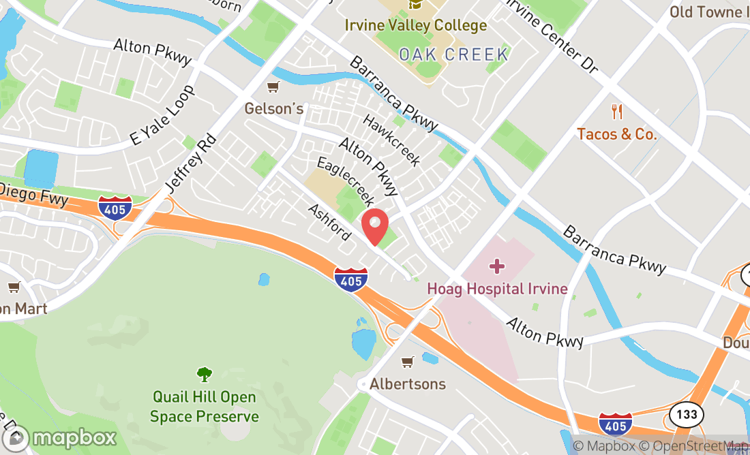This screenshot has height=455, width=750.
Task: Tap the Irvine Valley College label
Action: (416, 26)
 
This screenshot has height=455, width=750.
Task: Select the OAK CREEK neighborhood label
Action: (453, 54)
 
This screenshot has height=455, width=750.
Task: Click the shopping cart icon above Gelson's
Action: (273, 87)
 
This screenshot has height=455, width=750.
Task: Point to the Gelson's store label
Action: (274, 109)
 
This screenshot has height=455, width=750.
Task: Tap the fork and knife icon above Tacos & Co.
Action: (618, 112)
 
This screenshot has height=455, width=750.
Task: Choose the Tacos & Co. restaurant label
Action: (617, 134)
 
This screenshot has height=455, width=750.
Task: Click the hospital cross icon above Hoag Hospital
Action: (498, 266)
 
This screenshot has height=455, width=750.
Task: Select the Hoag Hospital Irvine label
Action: (497, 289)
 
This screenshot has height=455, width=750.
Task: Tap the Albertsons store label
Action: (408, 384)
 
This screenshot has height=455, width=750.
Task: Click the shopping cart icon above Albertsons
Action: (408, 362)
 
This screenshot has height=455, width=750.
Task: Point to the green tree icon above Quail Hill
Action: (204, 374)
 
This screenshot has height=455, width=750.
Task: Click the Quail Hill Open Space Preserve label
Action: (205, 407)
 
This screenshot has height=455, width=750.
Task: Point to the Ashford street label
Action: (329, 222)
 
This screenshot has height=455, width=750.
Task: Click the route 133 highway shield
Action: (682, 413)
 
